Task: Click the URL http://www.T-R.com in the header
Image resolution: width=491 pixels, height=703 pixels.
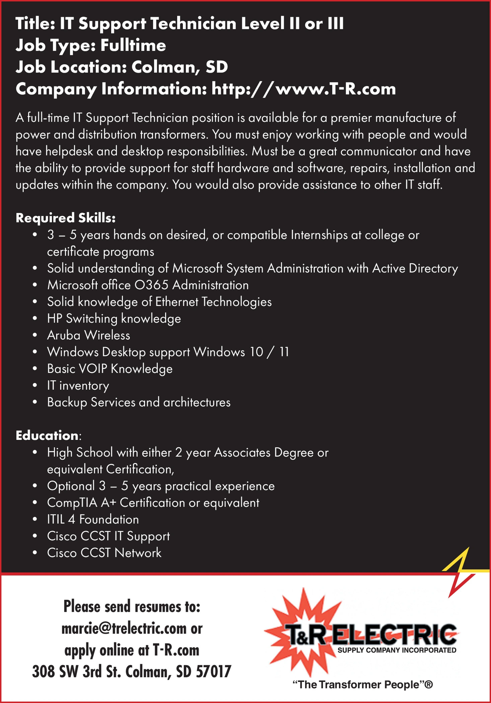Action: (x=303, y=89)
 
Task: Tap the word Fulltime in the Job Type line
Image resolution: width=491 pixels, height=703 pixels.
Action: (x=133, y=46)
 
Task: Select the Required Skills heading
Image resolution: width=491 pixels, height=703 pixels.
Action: (x=65, y=218)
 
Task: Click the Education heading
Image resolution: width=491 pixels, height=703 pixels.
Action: (x=47, y=435)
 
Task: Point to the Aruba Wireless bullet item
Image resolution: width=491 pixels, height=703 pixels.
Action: (x=88, y=335)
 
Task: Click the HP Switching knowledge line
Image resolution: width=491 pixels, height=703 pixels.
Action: (x=114, y=319)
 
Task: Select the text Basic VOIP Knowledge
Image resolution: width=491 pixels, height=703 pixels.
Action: (x=109, y=369)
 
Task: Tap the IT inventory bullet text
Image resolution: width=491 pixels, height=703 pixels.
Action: (x=78, y=385)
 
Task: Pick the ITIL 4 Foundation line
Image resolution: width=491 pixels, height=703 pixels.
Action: (x=93, y=519)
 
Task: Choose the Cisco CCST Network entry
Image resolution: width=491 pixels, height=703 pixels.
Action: (x=104, y=553)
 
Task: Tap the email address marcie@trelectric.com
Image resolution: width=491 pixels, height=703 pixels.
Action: (x=124, y=628)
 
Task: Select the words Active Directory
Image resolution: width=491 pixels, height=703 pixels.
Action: (x=415, y=268)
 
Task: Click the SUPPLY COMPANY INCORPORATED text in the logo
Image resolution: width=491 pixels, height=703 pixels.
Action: (x=396, y=650)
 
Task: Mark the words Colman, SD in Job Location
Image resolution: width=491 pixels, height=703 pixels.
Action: (x=179, y=67)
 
